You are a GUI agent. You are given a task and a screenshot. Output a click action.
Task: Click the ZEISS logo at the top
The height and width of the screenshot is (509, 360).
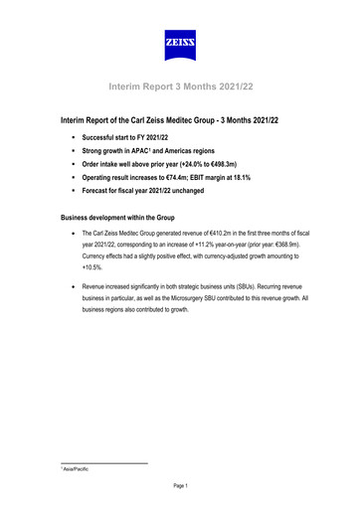point(179,43)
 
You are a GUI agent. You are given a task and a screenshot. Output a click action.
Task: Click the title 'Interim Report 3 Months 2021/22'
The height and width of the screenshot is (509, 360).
point(179,86)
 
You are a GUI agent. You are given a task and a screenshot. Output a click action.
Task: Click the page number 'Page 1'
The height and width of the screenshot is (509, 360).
point(179,485)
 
